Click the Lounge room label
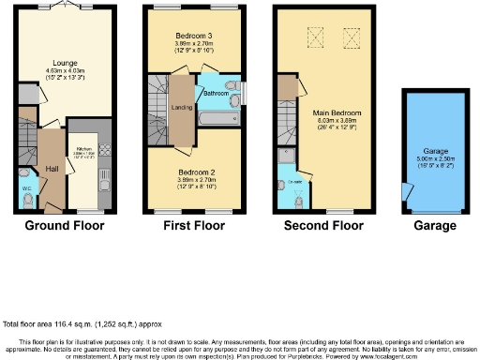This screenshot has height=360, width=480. tap(65, 64)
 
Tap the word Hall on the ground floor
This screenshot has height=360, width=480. tap(52, 169)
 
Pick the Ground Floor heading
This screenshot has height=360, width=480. tap(64, 226)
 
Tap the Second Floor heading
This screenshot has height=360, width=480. tap(323, 226)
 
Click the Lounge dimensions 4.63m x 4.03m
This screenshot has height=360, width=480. tap(65, 70)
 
